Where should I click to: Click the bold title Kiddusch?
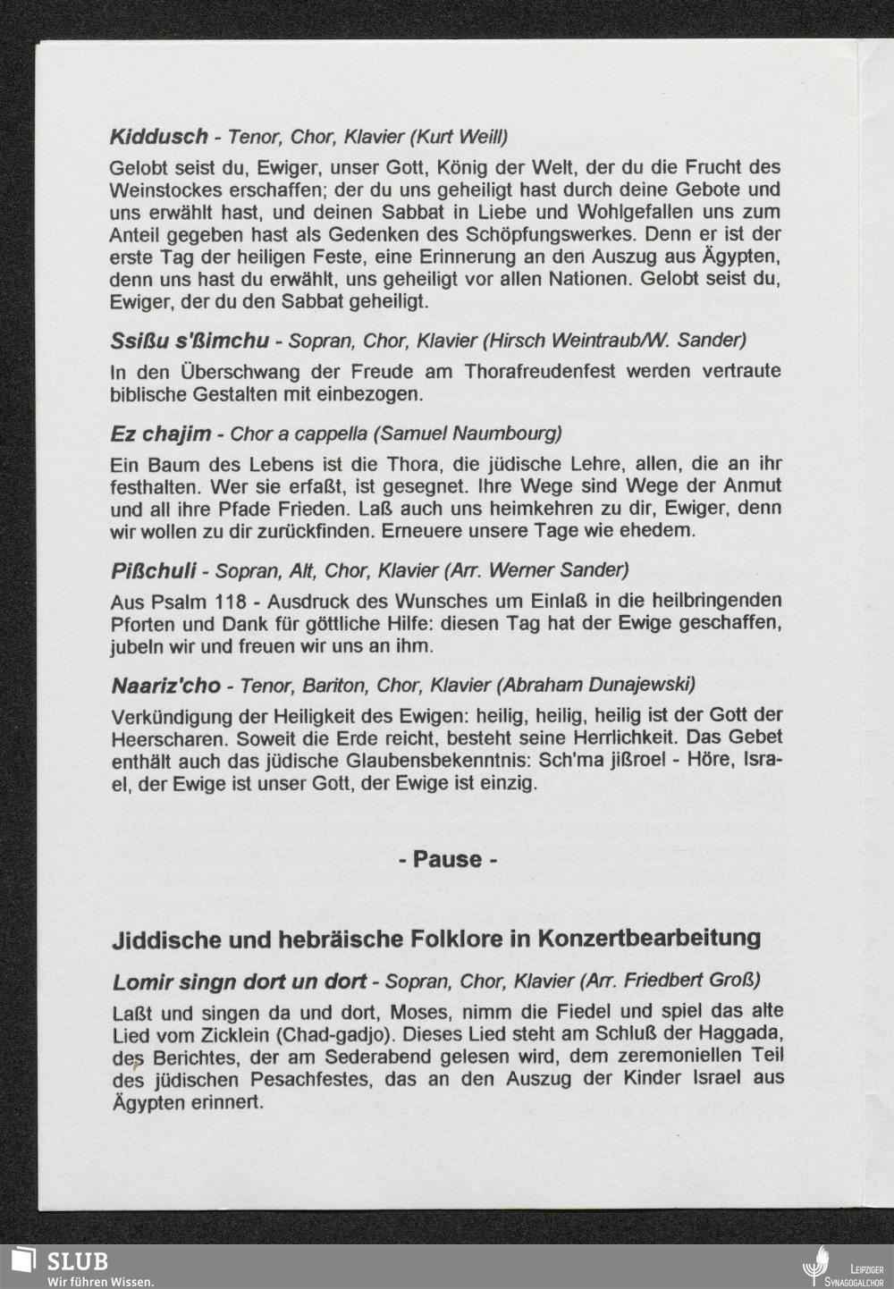tap(158, 137)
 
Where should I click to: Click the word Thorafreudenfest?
tap(540, 370)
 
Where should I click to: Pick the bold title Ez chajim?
tap(160, 434)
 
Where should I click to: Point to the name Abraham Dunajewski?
tap(597, 685)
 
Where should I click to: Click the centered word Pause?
tap(447, 859)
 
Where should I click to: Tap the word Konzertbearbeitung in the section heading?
tap(657, 939)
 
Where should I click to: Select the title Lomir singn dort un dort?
tap(239, 981)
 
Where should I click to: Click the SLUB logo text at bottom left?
tap(78, 1260)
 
